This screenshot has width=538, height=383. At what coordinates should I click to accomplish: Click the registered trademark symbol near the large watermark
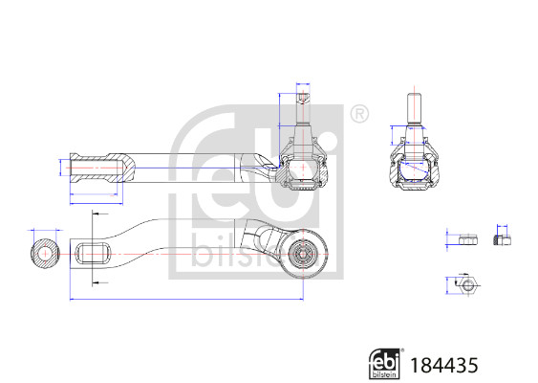coord(359,115)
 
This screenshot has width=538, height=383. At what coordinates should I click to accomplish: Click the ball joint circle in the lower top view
coord(303,254)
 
